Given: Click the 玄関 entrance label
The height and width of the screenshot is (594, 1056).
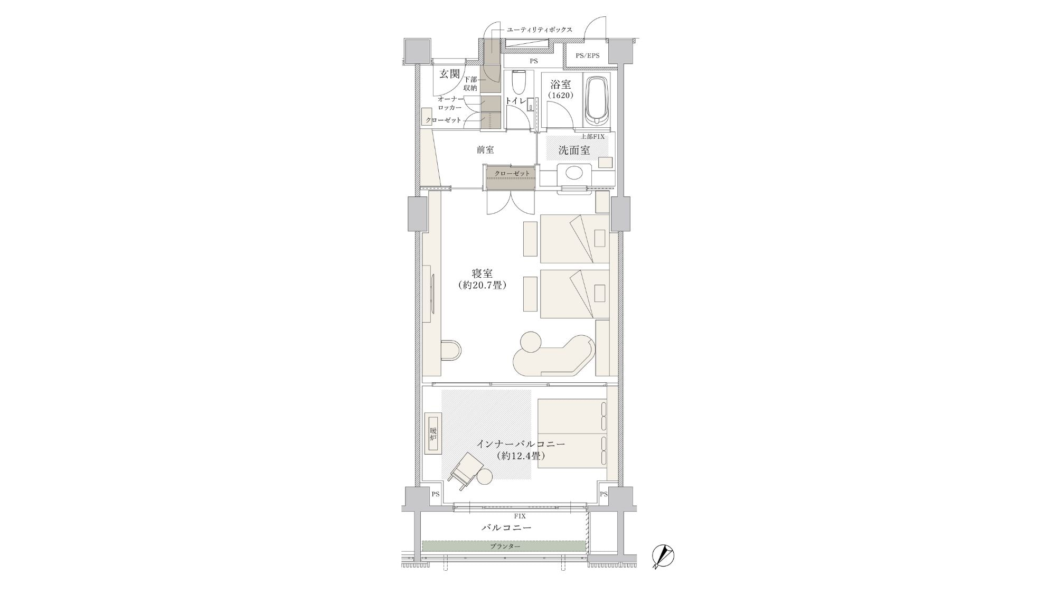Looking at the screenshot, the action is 450,74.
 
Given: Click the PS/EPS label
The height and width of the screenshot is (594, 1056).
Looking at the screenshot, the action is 587,55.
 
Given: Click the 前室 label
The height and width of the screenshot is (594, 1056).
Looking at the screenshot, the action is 485,150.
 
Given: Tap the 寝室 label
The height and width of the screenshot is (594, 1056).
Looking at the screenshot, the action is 483,274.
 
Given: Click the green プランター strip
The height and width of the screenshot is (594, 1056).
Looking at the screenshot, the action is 504,546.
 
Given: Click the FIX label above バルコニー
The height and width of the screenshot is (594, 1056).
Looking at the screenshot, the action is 520,516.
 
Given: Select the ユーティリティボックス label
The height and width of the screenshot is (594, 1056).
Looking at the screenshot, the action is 539,30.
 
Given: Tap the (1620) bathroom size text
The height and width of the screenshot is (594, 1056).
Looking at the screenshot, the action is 560,96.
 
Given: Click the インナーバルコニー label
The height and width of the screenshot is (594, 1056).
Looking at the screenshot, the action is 521,444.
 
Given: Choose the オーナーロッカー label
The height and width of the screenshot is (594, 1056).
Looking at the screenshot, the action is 450,103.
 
